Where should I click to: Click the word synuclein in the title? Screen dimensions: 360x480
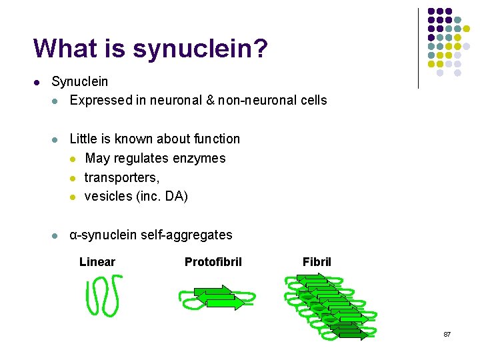197,48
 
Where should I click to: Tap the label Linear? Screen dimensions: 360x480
97,262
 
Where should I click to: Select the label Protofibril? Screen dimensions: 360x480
213,262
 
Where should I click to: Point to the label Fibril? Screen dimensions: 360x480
317,262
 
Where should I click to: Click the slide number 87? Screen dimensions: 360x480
447,334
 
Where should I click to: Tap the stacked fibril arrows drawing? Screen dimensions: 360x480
330,307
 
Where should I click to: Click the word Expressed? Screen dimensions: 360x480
101,101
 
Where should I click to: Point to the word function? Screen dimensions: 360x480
215,139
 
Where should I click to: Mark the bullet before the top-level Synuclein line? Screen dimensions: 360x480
37,83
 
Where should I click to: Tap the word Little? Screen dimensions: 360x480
83,139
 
